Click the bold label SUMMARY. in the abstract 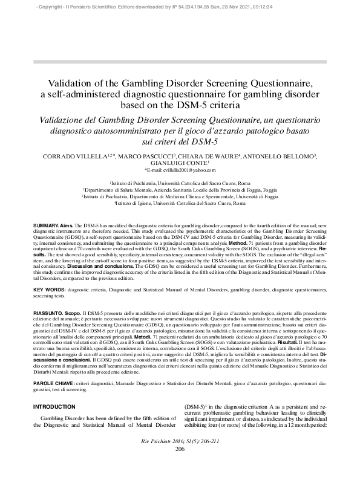click(46, 225)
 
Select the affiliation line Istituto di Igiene click(180, 203)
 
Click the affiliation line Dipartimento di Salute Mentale click(180, 189)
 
